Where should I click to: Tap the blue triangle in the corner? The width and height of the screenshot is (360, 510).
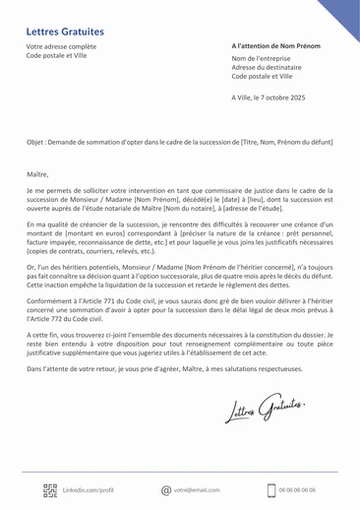[x=339, y=15]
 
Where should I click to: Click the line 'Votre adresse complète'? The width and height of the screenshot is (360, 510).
[x=61, y=46]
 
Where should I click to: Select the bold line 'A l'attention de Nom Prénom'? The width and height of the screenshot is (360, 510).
[x=277, y=46]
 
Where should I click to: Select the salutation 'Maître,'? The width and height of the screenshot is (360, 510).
[x=37, y=172]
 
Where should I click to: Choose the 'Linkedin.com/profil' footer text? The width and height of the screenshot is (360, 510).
[x=89, y=488]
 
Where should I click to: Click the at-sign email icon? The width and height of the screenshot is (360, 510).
[x=165, y=488]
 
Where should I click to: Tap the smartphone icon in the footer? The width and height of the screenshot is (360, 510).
[x=270, y=488]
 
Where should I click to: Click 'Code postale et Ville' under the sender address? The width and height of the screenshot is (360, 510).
[x=56, y=55]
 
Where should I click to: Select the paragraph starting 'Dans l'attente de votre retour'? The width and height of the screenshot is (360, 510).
[x=167, y=368]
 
